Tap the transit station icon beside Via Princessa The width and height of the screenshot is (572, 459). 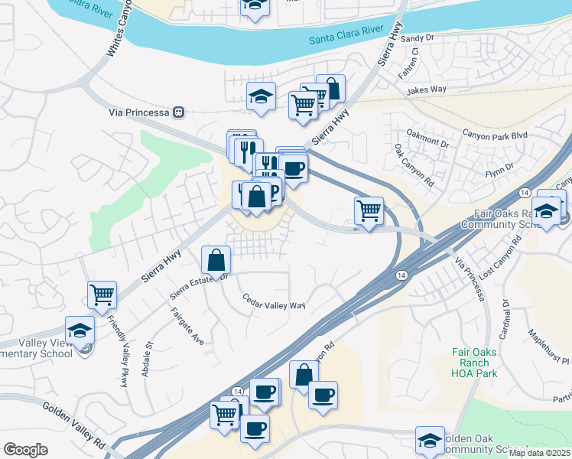pos(179,112)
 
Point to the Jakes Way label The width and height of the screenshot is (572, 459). pos(427,90)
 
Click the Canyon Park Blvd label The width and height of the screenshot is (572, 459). pos(501,136)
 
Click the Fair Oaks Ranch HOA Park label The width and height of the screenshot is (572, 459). pos(474,363)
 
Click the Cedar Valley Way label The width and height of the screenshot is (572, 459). pos(274,302)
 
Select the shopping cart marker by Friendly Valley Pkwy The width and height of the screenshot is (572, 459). pos(102,295)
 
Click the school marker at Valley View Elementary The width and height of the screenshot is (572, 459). pos(80,330)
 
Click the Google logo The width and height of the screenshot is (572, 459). pos(25,450)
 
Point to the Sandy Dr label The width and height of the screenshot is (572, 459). pos(417,37)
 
